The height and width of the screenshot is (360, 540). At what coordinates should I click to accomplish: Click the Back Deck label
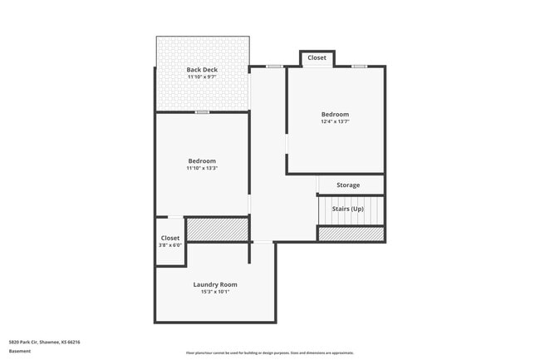(x=202, y=70)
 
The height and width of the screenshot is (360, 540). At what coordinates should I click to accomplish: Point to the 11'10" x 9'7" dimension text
(x=202, y=77)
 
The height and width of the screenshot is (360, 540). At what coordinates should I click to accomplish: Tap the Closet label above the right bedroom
(x=317, y=58)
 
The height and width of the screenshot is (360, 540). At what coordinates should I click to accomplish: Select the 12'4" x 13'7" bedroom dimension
(x=335, y=121)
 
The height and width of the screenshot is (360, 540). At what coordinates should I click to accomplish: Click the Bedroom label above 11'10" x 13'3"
(x=202, y=160)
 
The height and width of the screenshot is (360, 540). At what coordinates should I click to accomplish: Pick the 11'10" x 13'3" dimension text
(x=202, y=169)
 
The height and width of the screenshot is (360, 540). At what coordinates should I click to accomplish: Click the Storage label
(x=348, y=185)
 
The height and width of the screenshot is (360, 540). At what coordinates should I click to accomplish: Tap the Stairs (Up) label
(x=348, y=209)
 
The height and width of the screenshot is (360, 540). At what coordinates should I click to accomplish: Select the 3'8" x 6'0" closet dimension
(x=169, y=246)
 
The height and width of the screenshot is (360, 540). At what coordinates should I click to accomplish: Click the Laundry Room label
(x=215, y=284)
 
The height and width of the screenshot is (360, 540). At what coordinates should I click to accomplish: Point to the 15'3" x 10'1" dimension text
(x=215, y=292)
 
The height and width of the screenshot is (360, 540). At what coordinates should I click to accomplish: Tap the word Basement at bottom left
(x=20, y=351)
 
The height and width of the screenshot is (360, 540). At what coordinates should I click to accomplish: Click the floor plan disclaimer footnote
(x=269, y=353)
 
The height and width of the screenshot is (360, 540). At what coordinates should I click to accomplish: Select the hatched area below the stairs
(x=351, y=234)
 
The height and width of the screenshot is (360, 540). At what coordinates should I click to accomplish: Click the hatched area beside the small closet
(x=217, y=229)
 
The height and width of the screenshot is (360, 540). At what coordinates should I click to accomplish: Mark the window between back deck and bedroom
(x=202, y=111)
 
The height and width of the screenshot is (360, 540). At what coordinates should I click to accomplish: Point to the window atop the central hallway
(x=274, y=67)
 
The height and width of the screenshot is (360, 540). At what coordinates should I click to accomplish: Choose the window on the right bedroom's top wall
(x=359, y=67)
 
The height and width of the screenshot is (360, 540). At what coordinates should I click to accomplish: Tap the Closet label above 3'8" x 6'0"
(x=169, y=239)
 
